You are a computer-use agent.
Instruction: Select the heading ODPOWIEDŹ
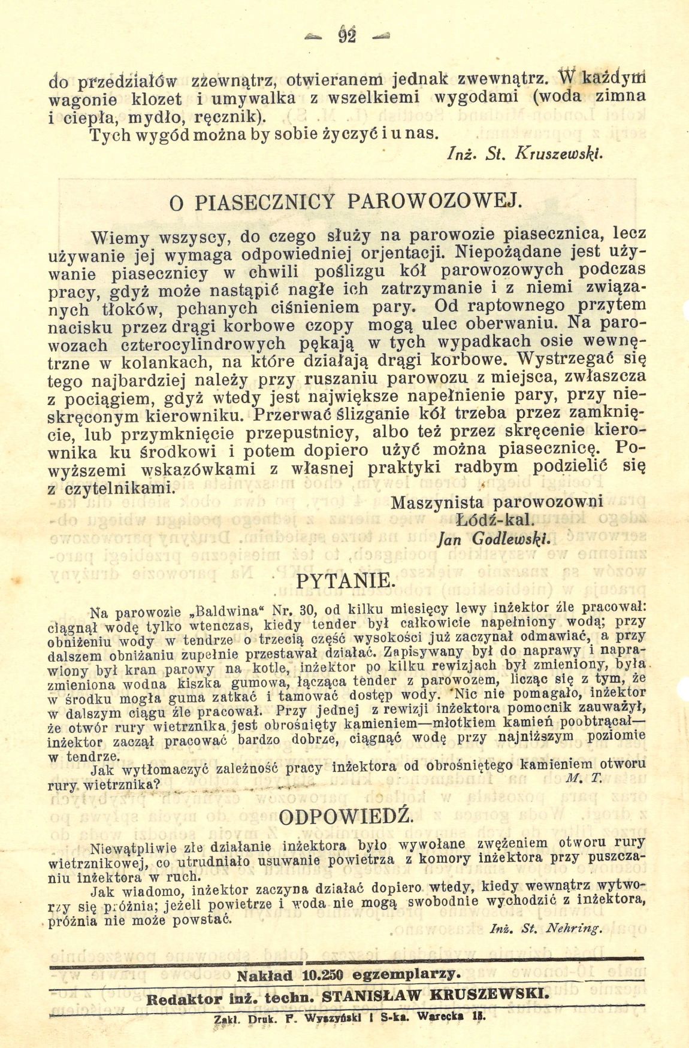pos(347,816)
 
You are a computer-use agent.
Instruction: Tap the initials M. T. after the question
pos(574,777)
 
